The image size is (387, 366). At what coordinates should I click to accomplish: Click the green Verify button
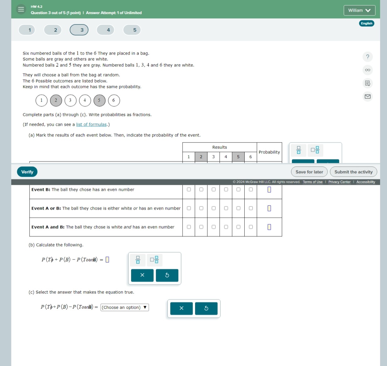tap(27, 172)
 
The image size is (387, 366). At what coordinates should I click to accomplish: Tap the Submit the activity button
tap(353, 172)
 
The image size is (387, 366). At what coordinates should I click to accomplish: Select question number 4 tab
tap(108, 30)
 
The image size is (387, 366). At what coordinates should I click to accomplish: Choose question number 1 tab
tap(29, 30)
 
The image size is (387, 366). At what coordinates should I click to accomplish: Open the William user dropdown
tap(359, 10)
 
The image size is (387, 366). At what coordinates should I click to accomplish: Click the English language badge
tap(366, 23)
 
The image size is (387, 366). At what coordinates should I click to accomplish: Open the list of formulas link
tap(91, 124)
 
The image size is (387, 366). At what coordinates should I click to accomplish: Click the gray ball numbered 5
tap(99, 100)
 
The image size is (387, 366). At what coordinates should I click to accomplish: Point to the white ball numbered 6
tap(114, 100)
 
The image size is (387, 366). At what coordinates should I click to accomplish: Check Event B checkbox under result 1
tap(189, 189)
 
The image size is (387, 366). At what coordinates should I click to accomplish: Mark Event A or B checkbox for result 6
tap(251, 208)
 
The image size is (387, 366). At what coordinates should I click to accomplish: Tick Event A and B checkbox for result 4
tap(226, 227)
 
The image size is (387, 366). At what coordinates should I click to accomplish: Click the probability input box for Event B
tap(269, 190)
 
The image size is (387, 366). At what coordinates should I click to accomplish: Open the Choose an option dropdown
tap(125, 307)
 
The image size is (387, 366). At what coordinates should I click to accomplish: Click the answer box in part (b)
tap(107, 259)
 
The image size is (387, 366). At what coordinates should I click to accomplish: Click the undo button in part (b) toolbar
tap(167, 275)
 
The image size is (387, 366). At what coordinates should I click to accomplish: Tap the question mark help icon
tap(368, 57)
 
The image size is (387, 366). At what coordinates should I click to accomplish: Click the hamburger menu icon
tap(21, 9)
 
